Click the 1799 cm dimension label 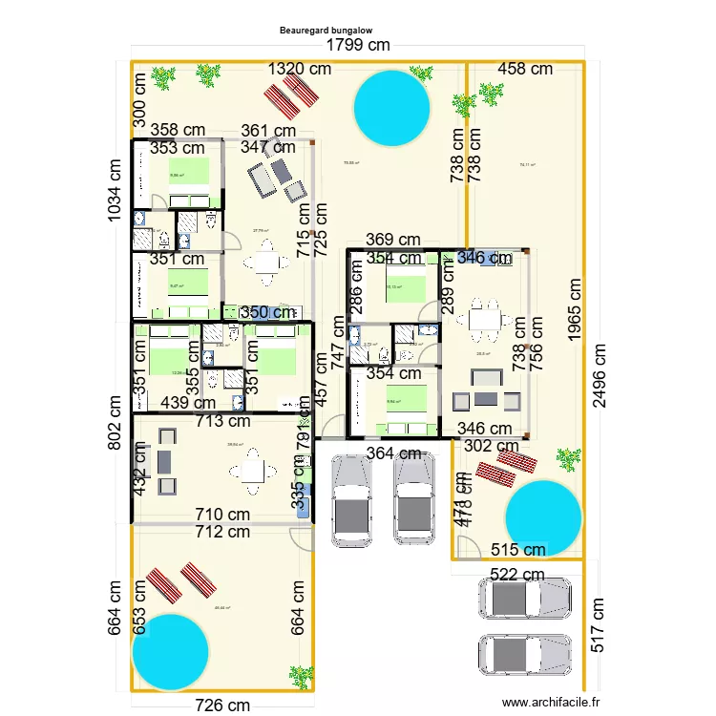(x=358, y=46)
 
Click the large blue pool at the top (x=390, y=109)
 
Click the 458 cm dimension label (x=526, y=69)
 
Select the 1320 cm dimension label (x=299, y=69)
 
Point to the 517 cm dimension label (x=599, y=624)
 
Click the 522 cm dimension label (x=517, y=575)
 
